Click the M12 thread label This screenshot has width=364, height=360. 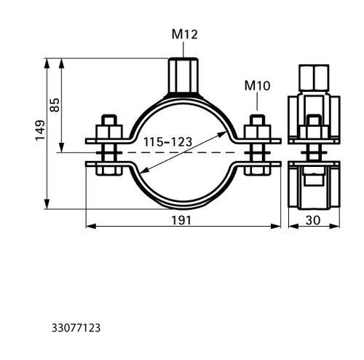click(184, 34)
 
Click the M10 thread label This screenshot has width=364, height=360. click(257, 86)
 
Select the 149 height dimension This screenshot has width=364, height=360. click(40, 130)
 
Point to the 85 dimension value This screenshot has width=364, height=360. click(55, 105)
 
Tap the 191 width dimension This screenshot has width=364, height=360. click(181, 220)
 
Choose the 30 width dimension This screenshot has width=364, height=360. click(313, 220)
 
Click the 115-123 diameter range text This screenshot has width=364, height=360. click(167, 142)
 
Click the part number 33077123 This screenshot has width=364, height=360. click(76, 328)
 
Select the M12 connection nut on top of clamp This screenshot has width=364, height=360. click(183, 75)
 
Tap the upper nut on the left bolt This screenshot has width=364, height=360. click(109, 132)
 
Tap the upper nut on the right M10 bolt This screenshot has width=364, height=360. click(257, 132)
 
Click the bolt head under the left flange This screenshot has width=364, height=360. click(109, 170)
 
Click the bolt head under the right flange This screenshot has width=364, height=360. click(257, 170)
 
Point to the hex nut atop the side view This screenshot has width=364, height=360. click(314, 78)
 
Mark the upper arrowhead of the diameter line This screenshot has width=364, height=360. click(223, 134)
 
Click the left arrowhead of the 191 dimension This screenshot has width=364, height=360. click(91, 226)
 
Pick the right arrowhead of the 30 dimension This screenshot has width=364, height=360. click(335, 226)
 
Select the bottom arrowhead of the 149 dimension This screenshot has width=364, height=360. click(47, 204)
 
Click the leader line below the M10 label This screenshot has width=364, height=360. click(257, 101)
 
